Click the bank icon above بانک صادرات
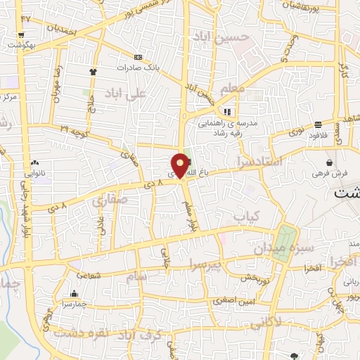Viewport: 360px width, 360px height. point(138,57)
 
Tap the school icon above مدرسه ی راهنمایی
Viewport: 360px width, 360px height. point(226,112)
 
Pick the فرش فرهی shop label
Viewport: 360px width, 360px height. point(328,173)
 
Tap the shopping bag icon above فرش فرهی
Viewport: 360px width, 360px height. point(328,162)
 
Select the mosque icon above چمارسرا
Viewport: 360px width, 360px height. point(74,293)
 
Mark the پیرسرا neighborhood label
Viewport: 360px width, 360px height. point(205,265)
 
